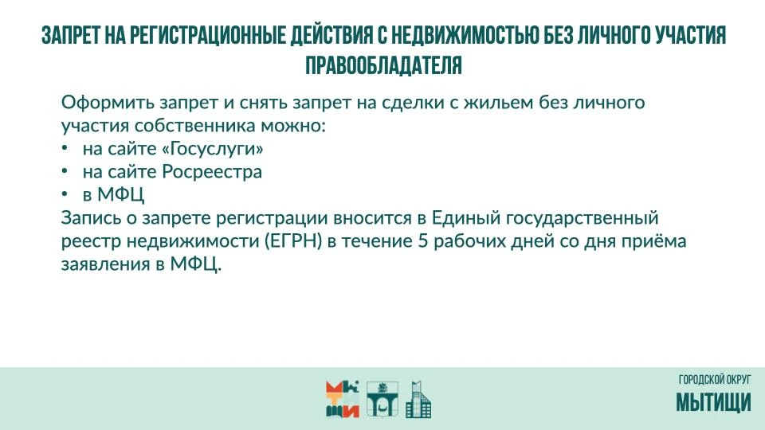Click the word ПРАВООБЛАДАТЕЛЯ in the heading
click(383, 64)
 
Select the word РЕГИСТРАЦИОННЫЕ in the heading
click(207, 35)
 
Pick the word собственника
click(194, 126)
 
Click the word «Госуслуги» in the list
click(212, 149)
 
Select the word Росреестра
click(212, 172)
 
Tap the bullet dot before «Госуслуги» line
click(65, 148)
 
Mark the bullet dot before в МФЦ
click(65, 194)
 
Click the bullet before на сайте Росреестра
click(65, 170)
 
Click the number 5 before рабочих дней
click(422, 240)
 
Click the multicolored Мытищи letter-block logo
click(343, 399)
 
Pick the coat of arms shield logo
click(382, 399)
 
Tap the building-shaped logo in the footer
click(418, 399)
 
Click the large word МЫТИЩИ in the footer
click(713, 403)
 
